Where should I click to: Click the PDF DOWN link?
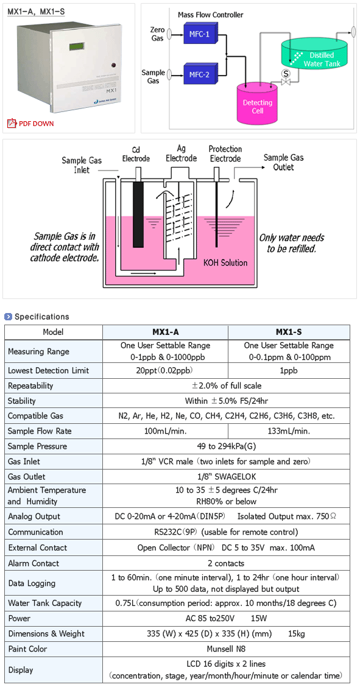coord(31,124)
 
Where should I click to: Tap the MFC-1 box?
coord(198,34)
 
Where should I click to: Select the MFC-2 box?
coord(198,74)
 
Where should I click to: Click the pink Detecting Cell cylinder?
coord(258,104)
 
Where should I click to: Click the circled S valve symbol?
coord(286,73)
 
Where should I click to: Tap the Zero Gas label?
coord(158,34)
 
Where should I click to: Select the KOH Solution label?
coord(226,262)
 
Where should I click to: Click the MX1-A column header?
coord(165,332)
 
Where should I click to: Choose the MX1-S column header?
coord(289,332)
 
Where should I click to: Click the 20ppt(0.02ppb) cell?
coord(165,370)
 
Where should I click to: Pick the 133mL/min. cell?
coord(289,431)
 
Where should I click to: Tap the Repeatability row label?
coord(30,386)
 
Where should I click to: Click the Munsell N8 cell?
coord(226,649)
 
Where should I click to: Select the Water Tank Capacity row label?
coord(44,604)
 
